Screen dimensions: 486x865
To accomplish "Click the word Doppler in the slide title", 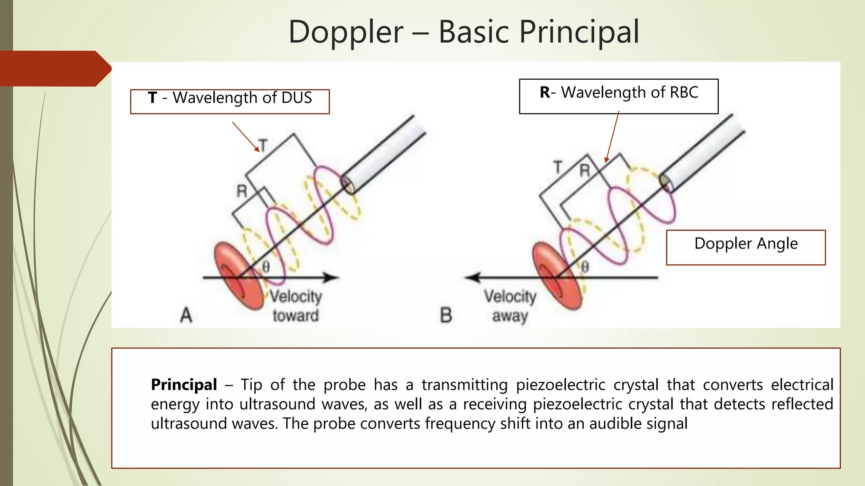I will point(345,32).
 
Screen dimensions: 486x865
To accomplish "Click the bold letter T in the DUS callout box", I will point(152,98).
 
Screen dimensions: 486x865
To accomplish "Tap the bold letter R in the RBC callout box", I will point(545,92).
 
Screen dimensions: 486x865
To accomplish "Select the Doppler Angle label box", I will point(745,247).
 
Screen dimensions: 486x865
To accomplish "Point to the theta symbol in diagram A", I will point(266,267).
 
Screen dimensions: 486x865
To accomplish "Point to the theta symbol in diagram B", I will point(585,267).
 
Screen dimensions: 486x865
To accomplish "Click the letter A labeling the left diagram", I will point(186,315).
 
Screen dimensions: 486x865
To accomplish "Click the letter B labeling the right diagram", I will point(446,315).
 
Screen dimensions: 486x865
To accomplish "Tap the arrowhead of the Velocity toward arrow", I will point(332,277).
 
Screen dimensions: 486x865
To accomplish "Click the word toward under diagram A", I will point(295,316).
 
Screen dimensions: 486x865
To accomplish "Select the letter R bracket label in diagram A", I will point(242,192).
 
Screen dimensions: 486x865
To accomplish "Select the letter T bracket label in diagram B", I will point(558,167).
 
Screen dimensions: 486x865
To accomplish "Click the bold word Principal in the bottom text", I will point(184,385).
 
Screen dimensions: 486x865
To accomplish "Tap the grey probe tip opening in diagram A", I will point(348,184).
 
